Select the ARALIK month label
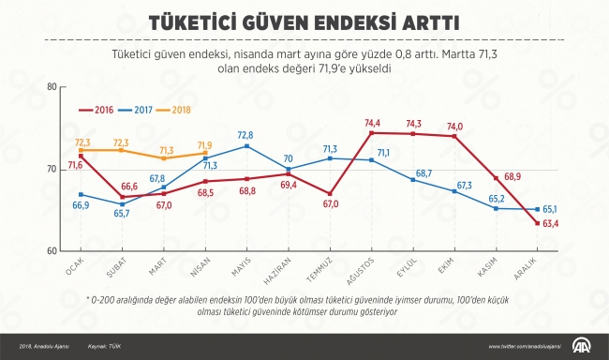click(x=530, y=274)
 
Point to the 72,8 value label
click(x=245, y=135)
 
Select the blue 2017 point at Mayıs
click(x=246, y=146)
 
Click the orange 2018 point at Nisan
click(x=205, y=154)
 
